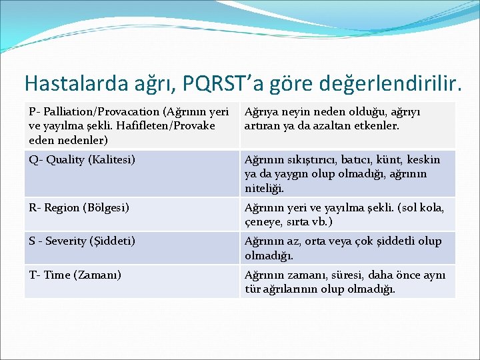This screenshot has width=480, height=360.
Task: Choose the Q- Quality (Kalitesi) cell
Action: [82, 159]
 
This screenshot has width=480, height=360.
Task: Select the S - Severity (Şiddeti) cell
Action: [82, 241]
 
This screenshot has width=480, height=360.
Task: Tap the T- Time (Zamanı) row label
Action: [75, 275]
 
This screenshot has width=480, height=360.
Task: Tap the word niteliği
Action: [263, 189]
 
